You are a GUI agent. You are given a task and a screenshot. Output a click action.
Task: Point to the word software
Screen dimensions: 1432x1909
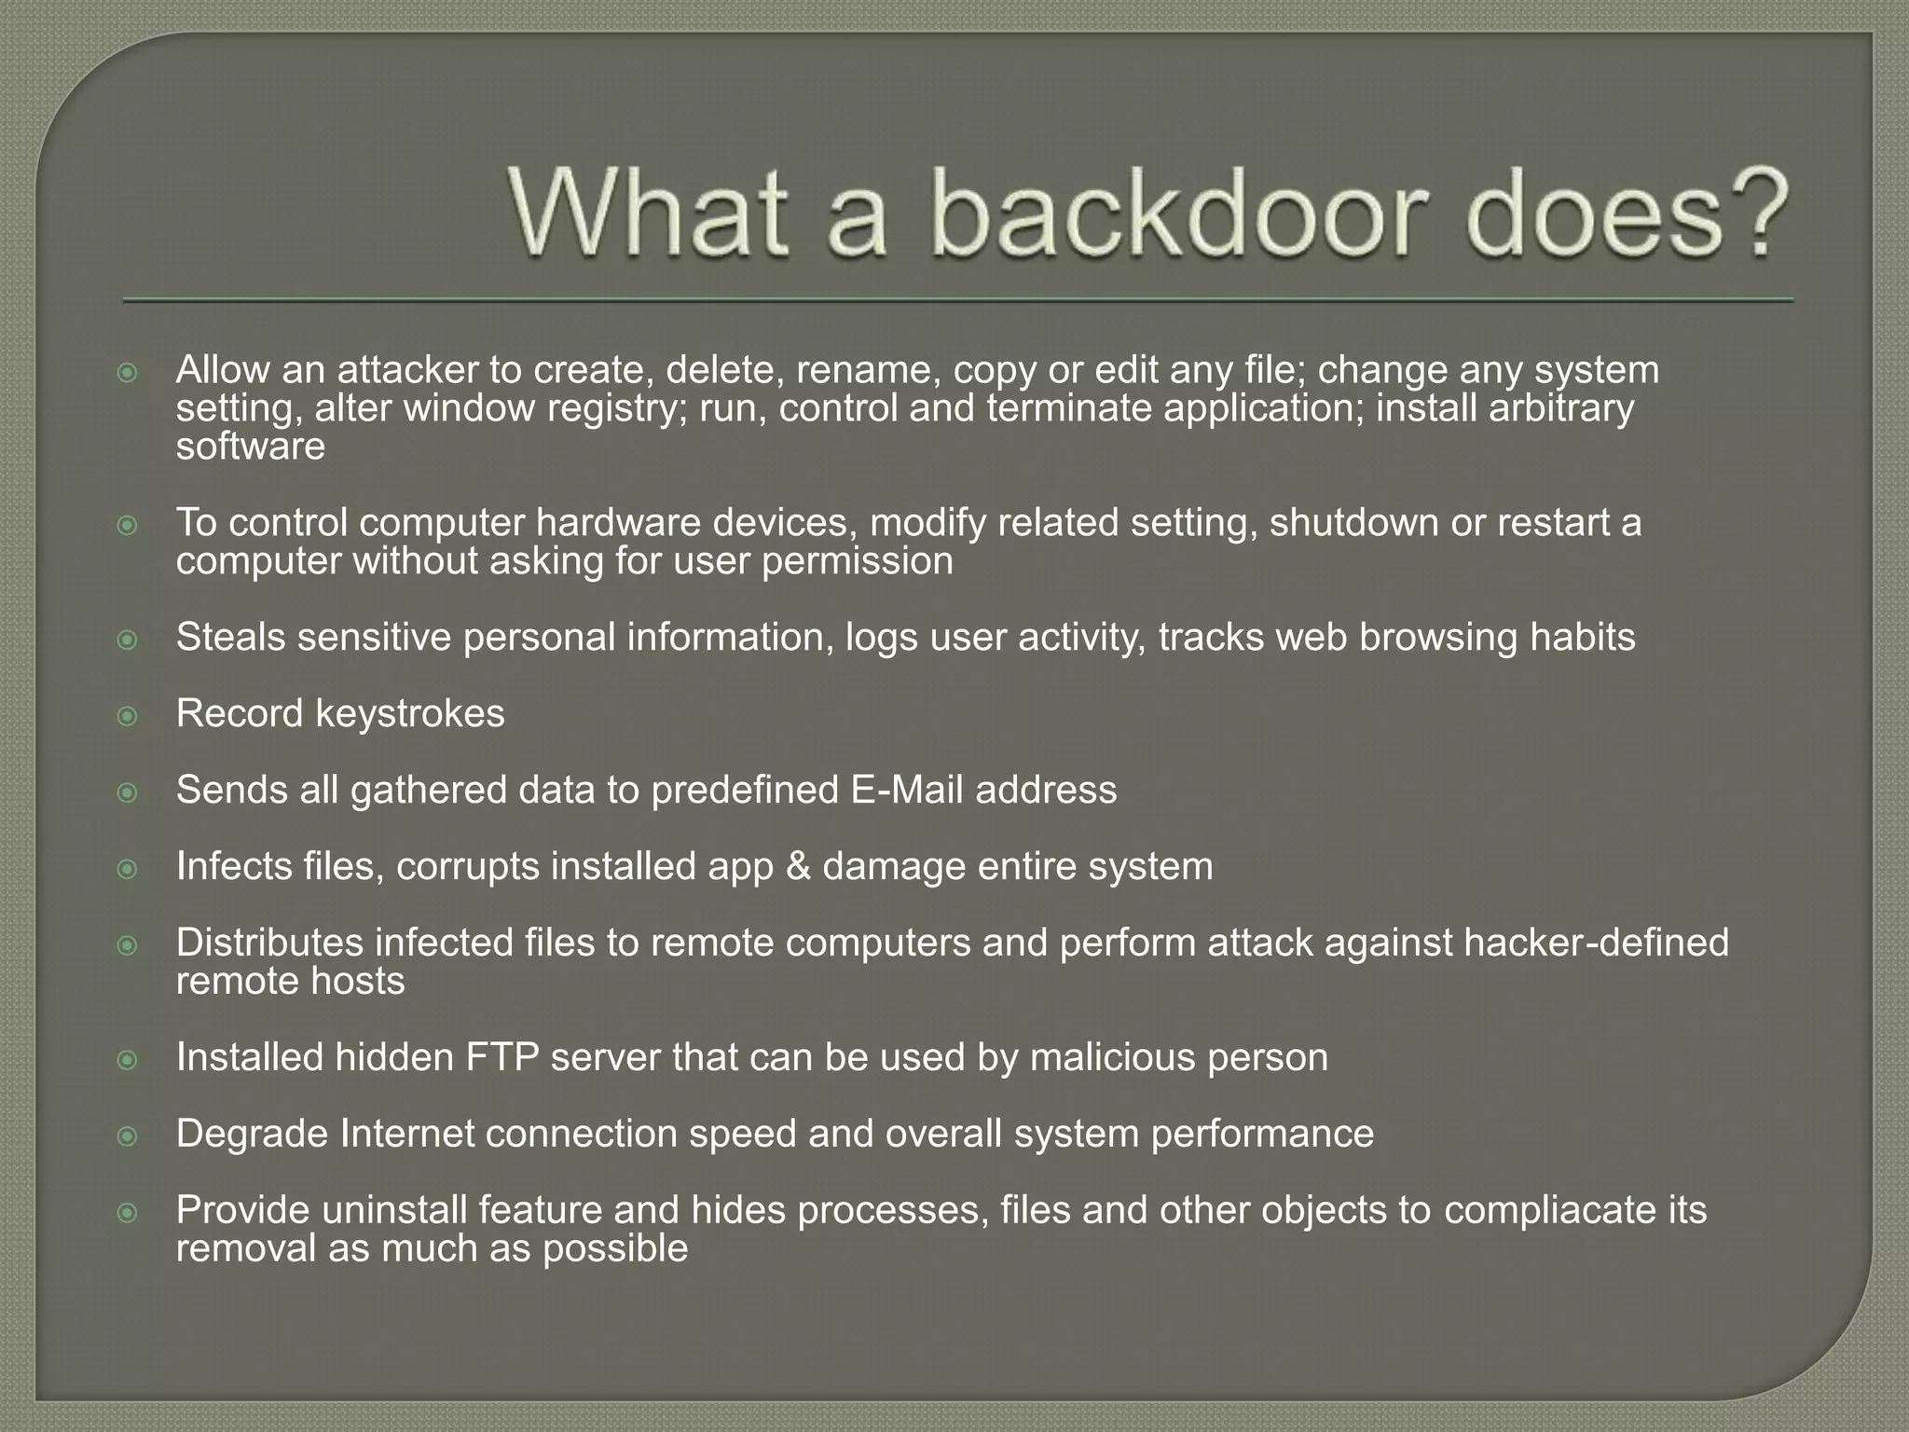[x=251, y=447]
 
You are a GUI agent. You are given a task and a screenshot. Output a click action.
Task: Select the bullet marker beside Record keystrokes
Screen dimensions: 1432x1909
[x=128, y=716]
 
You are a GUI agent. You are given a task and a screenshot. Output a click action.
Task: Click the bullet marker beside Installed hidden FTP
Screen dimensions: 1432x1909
[x=128, y=1060]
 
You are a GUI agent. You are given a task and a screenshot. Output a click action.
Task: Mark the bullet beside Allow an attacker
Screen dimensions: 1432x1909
[x=128, y=373]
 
